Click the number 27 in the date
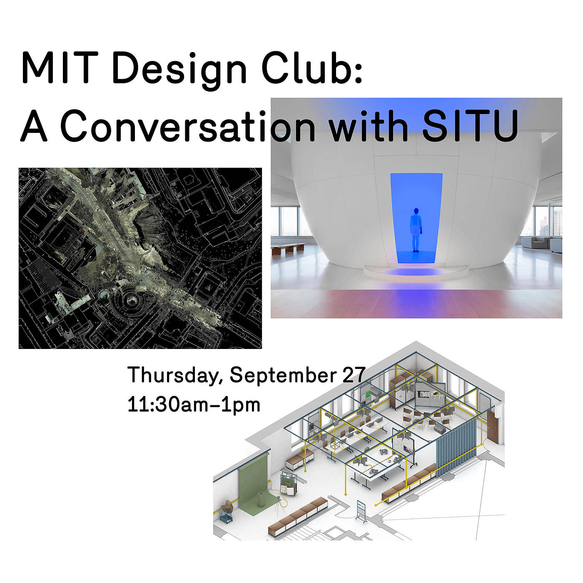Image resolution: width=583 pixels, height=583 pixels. (354, 375)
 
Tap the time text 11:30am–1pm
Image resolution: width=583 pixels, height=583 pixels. (194, 405)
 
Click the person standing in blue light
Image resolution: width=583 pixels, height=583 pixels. (416, 229)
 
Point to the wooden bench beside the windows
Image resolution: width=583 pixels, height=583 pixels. (288, 248)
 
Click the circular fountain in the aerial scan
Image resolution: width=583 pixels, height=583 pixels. (131, 300)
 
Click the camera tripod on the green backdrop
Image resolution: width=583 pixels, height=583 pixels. (277, 508)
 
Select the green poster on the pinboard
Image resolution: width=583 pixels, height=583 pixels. (369, 394)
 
